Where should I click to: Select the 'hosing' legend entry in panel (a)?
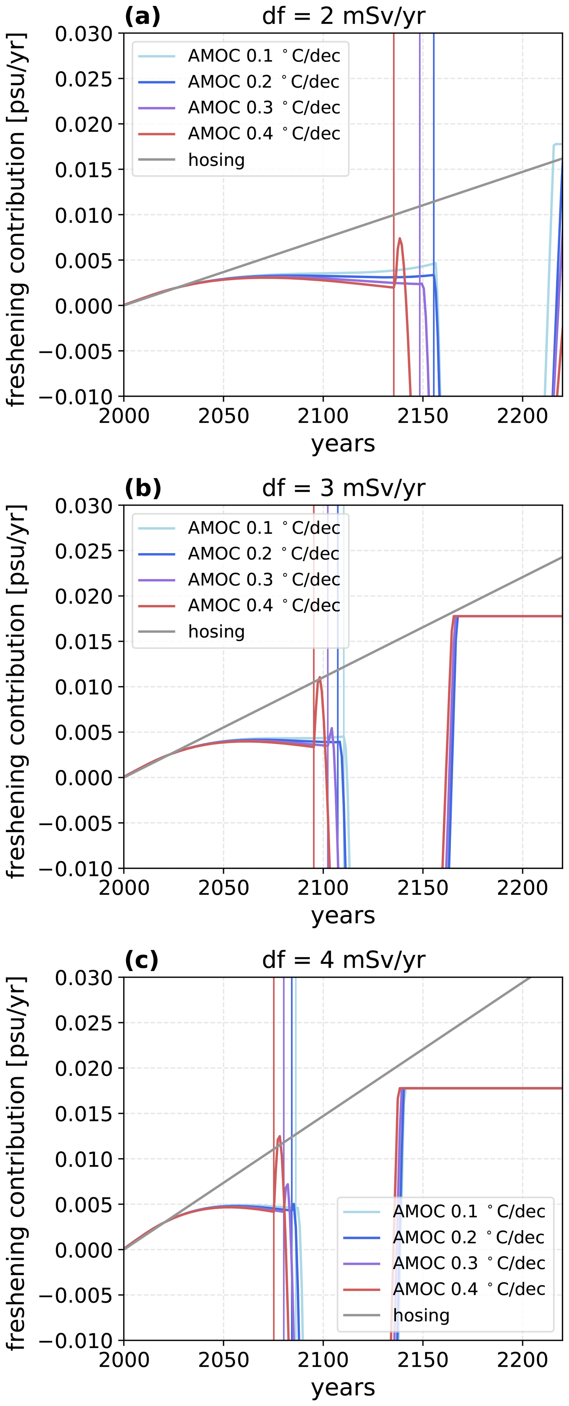point(216,160)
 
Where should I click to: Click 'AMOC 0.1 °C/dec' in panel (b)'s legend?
point(264,528)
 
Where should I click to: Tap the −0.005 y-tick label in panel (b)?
point(75,823)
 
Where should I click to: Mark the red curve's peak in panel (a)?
point(400,238)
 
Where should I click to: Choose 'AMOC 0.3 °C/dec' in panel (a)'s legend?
point(264,108)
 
